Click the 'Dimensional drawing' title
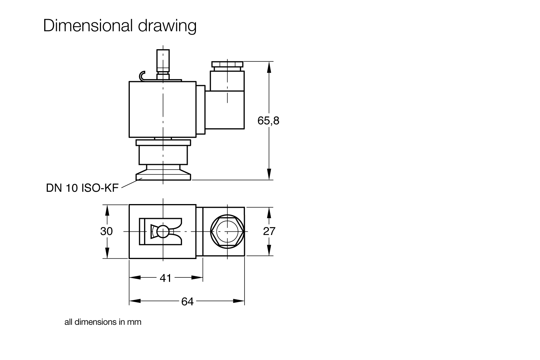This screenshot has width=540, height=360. pyautogui.click(x=120, y=26)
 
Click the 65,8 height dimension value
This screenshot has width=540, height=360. pyautogui.click(x=268, y=121)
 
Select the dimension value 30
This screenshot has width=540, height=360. pyautogui.click(x=106, y=231)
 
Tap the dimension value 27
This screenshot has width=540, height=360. pyautogui.click(x=269, y=231)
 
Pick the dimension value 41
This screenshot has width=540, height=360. pyautogui.click(x=165, y=278)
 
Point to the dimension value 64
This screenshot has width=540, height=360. pyautogui.click(x=187, y=301)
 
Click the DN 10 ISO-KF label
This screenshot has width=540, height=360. pyautogui.click(x=82, y=188)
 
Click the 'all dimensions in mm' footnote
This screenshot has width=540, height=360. pyautogui.click(x=103, y=322)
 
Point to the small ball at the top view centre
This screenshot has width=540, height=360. pyautogui.click(x=163, y=232)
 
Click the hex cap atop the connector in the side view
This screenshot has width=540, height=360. pyautogui.click(x=228, y=65)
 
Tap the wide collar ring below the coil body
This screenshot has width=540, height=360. pyautogui.click(x=163, y=143)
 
